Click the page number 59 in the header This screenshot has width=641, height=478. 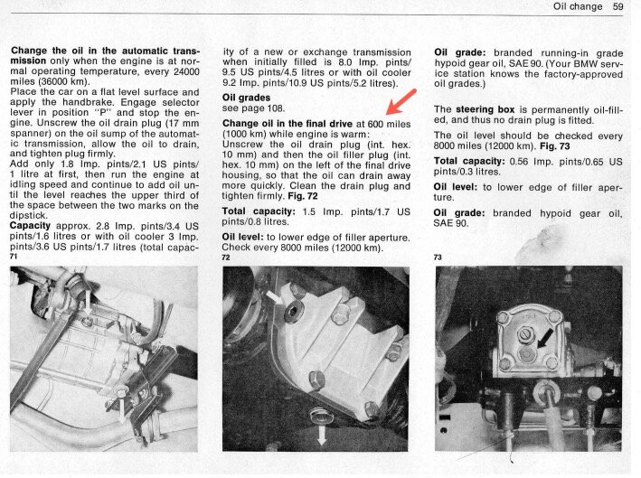pos(619,7)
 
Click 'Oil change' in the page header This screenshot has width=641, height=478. pos(575,7)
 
